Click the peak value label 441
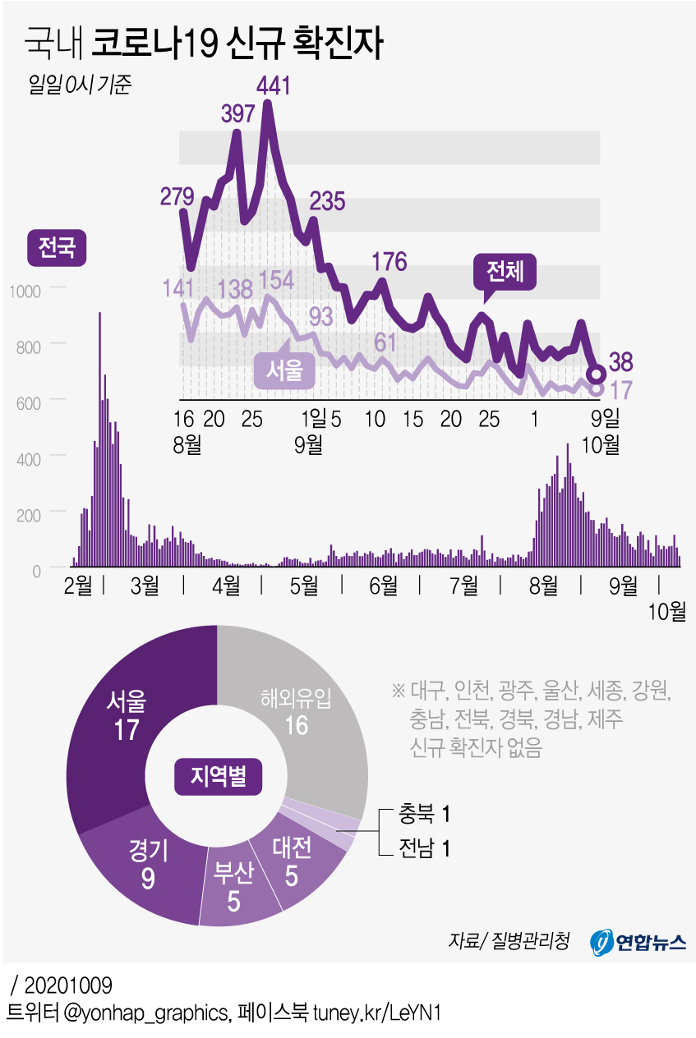coord(274,85)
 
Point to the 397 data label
coord(238,114)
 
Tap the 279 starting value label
coord(177,197)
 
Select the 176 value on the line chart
coord(389,262)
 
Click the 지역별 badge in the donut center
coord(217,776)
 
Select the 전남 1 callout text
coord(424,848)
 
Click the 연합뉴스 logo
coord(638,942)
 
